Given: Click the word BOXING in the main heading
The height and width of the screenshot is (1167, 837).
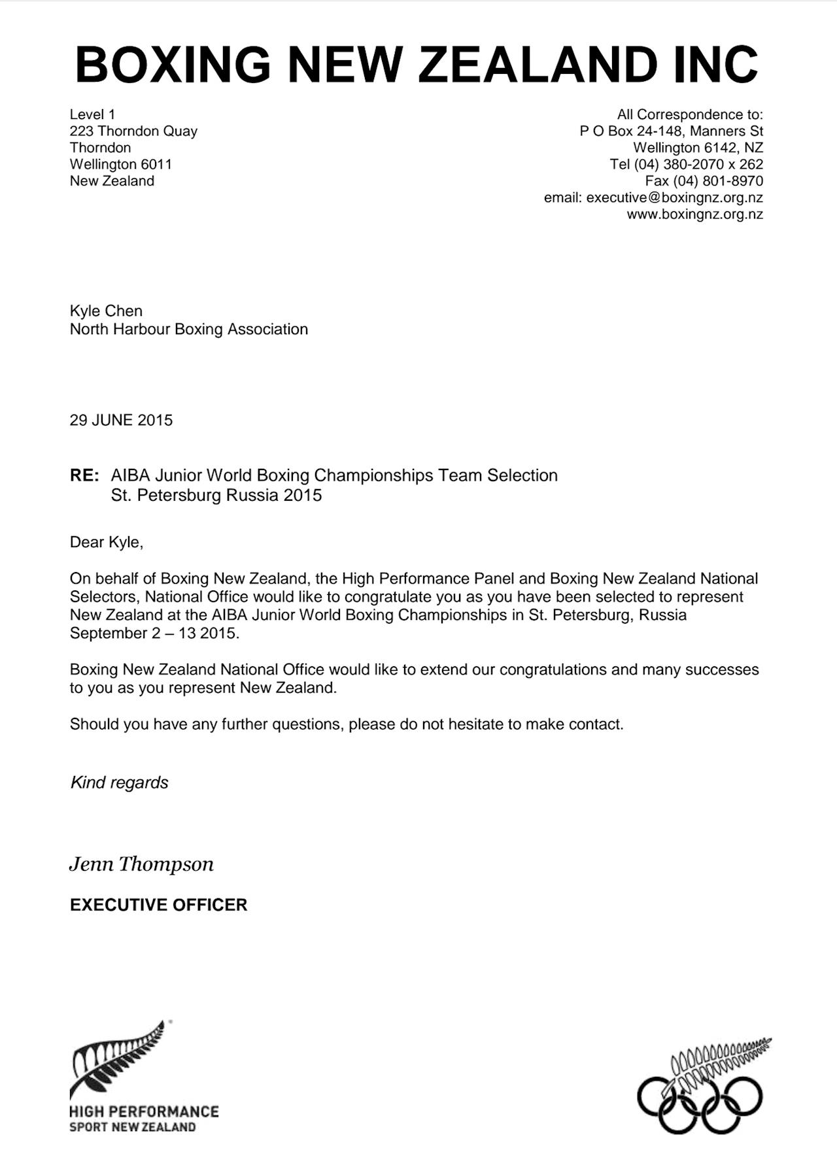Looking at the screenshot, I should pos(173,65).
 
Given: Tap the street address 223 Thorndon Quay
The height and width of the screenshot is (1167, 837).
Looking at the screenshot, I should pos(133,131).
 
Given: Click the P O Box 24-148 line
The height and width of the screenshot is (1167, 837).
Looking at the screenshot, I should pos(671,131).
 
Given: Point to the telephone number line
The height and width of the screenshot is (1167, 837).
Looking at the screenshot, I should pos(686,165).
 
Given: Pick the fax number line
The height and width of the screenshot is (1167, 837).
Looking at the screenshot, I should pos(704,181).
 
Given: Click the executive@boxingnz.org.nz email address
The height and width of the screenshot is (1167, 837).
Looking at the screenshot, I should pos(674,198).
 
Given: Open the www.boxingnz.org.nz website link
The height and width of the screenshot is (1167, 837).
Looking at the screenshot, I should pos(694,214).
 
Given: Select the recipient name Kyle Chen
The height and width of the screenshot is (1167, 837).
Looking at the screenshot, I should pos(106,311).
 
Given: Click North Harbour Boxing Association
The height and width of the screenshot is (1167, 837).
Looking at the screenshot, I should pos(188,330).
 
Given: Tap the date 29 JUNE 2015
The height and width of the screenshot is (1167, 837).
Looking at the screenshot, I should pos(121,420).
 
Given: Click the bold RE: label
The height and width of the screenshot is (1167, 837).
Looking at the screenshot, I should pos(84,476).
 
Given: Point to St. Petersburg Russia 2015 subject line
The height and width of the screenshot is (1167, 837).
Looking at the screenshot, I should pos(216,496).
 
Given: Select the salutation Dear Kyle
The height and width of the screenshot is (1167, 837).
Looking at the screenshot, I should pos(106,542).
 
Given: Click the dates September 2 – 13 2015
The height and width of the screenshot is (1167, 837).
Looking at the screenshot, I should pos(154,634).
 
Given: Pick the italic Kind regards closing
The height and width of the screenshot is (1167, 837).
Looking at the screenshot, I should pos(119,783).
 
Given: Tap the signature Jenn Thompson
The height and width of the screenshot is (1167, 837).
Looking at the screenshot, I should pos(141,864).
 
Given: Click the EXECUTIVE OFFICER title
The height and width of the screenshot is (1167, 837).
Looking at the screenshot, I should pos(158,905).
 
